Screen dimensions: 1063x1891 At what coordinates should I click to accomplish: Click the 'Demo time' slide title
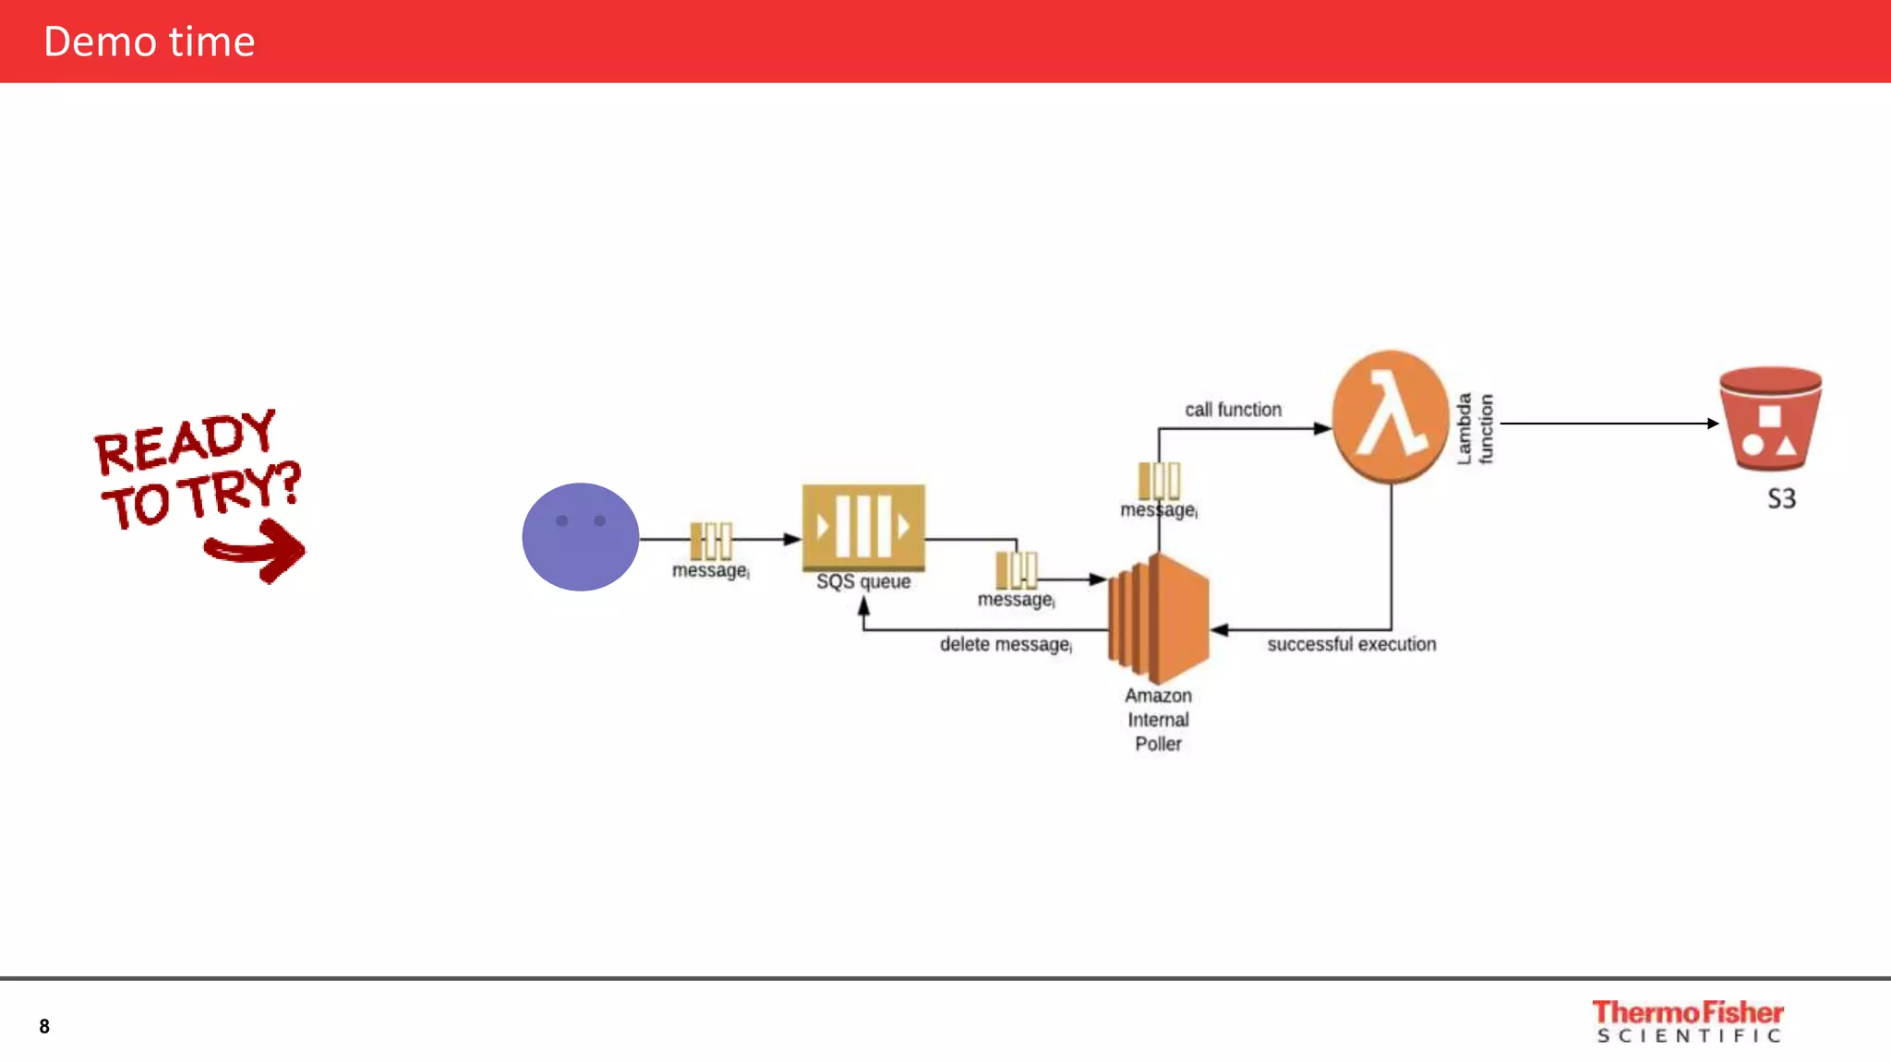(149, 42)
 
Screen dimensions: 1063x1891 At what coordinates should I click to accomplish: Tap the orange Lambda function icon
(1390, 417)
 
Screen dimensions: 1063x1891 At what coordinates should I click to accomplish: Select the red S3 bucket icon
(1770, 419)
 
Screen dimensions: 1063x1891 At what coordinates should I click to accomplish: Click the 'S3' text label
(1781, 499)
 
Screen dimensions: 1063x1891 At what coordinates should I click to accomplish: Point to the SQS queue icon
(863, 527)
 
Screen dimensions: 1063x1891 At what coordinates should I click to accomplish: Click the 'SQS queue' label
(863, 582)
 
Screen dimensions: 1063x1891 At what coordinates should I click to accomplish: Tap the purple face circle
(580, 537)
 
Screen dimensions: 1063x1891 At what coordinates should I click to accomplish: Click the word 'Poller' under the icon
(1158, 744)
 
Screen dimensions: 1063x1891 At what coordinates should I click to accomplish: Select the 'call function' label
(1233, 410)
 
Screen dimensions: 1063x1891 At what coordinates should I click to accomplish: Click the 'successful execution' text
(1351, 644)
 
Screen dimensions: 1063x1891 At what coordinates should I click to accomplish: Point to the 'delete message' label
(1005, 644)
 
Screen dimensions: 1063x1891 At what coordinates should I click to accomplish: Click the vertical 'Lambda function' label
(1475, 428)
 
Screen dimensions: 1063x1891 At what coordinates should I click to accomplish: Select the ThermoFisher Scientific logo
(1688, 1021)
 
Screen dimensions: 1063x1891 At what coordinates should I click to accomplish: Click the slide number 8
(44, 1026)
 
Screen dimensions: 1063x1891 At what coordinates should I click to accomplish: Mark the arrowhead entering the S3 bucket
(1712, 424)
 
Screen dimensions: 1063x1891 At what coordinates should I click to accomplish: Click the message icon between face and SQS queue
(711, 541)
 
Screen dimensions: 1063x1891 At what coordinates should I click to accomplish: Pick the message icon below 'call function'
(1159, 481)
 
